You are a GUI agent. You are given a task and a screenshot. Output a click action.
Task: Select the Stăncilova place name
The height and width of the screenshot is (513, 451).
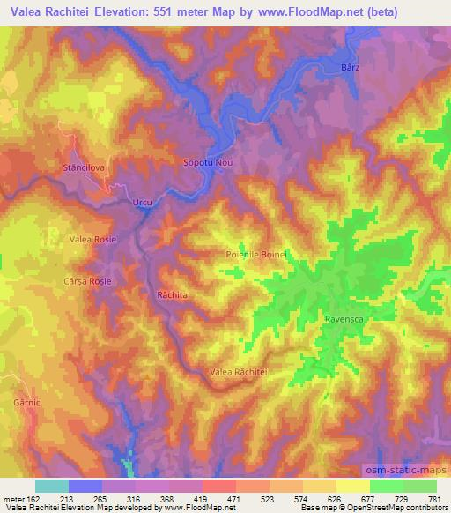coord(85,167)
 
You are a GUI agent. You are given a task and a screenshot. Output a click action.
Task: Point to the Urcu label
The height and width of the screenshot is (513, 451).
coord(142,203)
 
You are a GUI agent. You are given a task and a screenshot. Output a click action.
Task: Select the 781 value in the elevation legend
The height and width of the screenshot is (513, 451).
coord(434,498)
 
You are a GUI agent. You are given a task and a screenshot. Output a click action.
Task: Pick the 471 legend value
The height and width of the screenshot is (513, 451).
coord(232,498)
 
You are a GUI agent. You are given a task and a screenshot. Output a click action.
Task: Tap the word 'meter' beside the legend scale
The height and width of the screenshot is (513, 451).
coord(10,498)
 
